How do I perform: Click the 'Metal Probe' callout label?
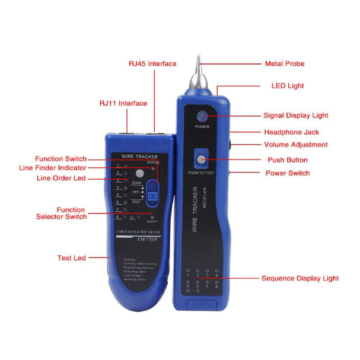pos(284,63)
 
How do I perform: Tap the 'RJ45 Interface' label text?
pos(153,63)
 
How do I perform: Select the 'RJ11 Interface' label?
pos(123,103)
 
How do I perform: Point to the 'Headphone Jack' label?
pos(291,132)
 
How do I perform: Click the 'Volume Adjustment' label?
pos(295,145)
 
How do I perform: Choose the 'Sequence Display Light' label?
pos(300,278)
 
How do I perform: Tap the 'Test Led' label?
pos(72,258)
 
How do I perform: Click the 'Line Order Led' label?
pos(62,178)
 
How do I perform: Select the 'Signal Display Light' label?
pos(295,116)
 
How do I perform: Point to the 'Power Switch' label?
pos(287,173)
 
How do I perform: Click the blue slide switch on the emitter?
pos(154,194)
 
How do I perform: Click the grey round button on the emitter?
pos(140,174)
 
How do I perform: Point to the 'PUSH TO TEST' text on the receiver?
pos(202,172)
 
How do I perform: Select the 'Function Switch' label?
pos(60,159)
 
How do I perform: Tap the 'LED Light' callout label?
pos(288,86)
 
